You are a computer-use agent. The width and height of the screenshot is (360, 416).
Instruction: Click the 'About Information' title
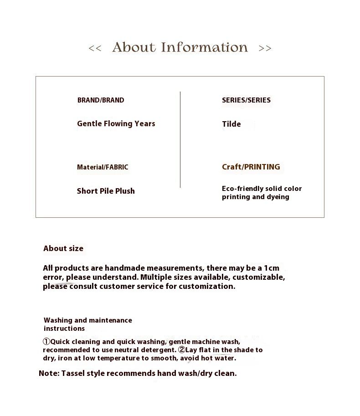[180, 47]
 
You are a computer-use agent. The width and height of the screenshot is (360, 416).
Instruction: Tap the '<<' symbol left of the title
[95, 48]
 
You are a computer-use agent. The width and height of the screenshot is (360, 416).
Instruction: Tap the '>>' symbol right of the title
[265, 48]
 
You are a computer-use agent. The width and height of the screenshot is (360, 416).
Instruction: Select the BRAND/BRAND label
[101, 100]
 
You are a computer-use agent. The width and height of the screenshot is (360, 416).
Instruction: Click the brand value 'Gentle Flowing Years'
[116, 124]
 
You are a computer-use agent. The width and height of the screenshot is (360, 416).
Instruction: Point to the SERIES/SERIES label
[246, 100]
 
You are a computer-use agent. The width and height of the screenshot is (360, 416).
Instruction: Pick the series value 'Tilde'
[231, 124]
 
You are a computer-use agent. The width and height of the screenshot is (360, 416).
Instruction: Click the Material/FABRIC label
[103, 167]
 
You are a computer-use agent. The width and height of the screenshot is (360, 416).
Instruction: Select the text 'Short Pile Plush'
[106, 191]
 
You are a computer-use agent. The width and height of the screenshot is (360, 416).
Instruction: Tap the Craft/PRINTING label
[251, 167]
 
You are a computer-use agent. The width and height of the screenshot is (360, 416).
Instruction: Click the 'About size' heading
[63, 248]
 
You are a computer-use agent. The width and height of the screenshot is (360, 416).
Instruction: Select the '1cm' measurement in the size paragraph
[272, 268]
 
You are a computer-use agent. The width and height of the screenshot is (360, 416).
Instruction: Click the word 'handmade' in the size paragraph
[122, 268]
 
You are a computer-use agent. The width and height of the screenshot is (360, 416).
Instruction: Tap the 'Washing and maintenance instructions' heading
[88, 324]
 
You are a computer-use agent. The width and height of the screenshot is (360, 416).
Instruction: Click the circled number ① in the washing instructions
[46, 342]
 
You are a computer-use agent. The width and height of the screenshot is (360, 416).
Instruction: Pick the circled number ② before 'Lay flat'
[182, 350]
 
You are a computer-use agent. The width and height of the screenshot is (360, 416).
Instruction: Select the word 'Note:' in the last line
[49, 374]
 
